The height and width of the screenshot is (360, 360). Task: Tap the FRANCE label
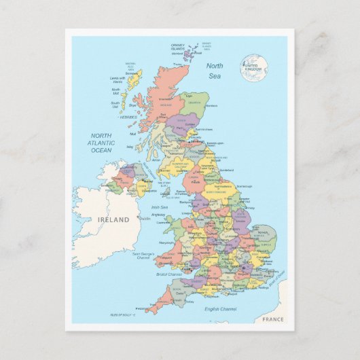[x=272, y=319]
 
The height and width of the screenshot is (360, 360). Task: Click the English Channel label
[x=221, y=309]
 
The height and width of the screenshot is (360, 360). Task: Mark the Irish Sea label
[x=160, y=207]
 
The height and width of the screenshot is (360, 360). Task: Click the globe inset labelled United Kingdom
[x=254, y=67]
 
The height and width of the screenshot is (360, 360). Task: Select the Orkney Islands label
[x=177, y=48]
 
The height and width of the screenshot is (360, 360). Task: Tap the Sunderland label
[x=226, y=170]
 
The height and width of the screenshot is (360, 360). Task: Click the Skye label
[x=132, y=105]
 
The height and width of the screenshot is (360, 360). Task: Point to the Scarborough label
[x=244, y=186]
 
